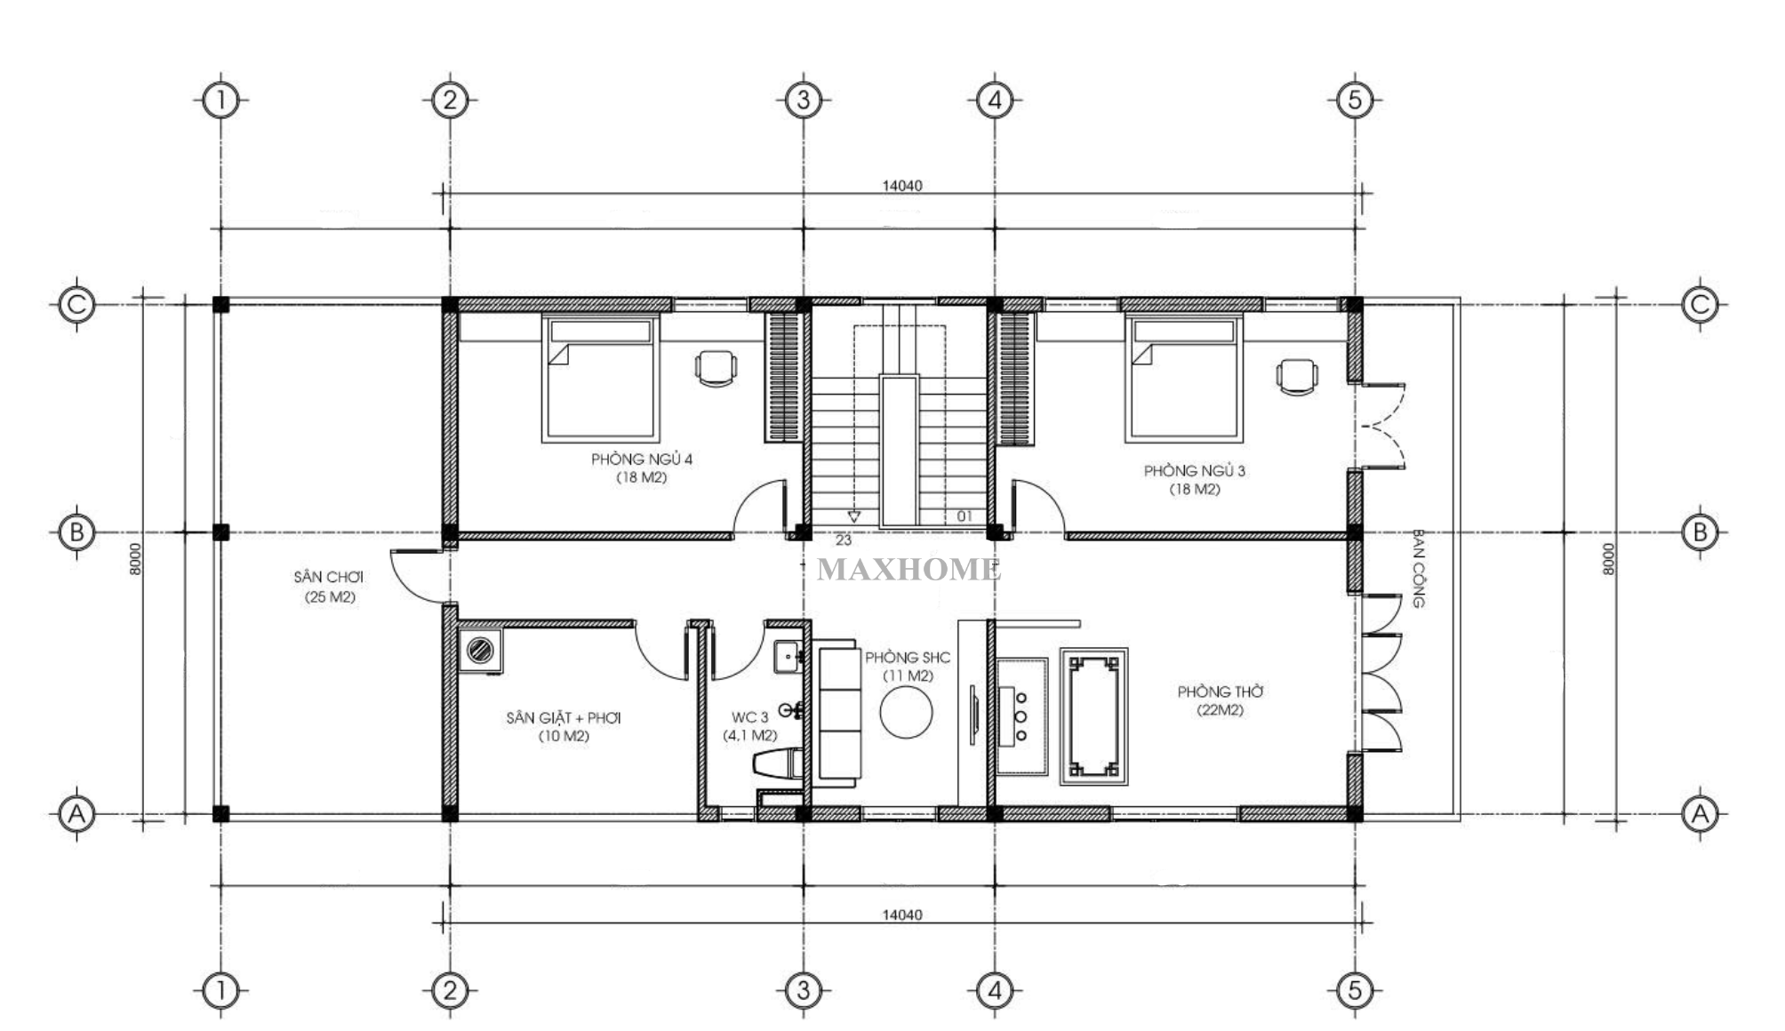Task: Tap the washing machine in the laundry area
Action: pyautogui.click(x=480, y=650)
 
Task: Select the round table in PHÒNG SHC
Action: pyautogui.click(x=906, y=713)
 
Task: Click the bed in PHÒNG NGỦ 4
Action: pyautogui.click(x=600, y=380)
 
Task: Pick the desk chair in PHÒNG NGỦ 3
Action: pyautogui.click(x=1298, y=375)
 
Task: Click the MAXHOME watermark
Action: pyautogui.click(x=909, y=570)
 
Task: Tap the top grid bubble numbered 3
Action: pyautogui.click(x=804, y=100)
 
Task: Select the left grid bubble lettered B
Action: pyautogui.click(x=76, y=532)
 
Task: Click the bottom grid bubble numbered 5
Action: pyautogui.click(x=1355, y=989)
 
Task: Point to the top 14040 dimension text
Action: pyautogui.click(x=902, y=186)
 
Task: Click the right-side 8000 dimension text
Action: pyautogui.click(x=1607, y=559)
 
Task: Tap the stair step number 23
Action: pyautogui.click(x=844, y=539)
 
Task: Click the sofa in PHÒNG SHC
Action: pyautogui.click(x=839, y=715)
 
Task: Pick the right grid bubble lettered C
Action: pyautogui.click(x=1700, y=305)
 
